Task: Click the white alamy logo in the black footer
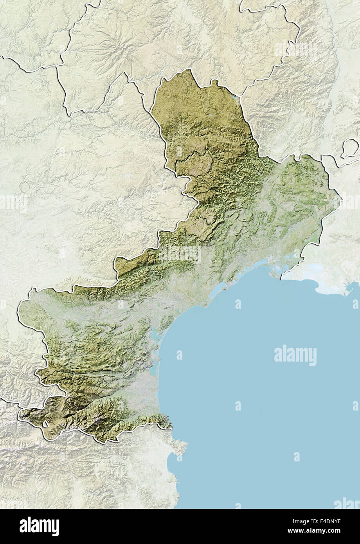pos(39,526)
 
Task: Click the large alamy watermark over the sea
pos(295,355)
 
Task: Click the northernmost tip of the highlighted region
pos(191,70)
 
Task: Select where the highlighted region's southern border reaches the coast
pos(171,427)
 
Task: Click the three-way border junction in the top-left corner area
pos(57,67)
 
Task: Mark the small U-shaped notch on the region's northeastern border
pos(214,83)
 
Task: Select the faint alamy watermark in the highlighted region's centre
pos(180,254)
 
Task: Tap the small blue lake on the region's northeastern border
pos(233,95)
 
